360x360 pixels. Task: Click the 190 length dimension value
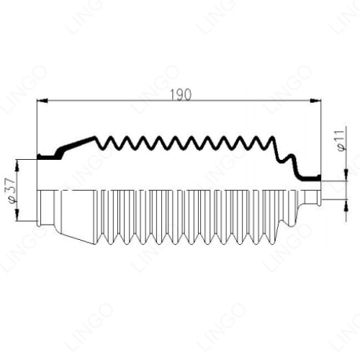[181, 94]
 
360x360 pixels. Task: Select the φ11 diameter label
[341, 141]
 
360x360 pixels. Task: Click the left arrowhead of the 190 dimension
[42, 101]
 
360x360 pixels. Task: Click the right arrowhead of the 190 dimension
[315, 101]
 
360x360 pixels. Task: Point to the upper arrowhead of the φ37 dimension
[17, 166]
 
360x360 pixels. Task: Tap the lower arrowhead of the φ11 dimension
[346, 205]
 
